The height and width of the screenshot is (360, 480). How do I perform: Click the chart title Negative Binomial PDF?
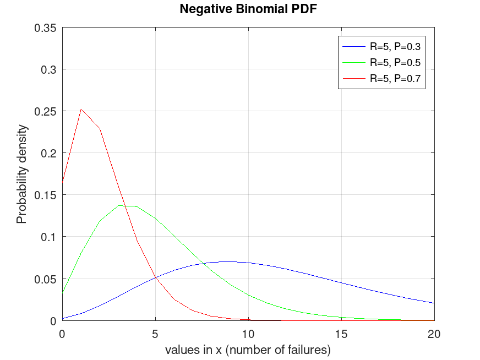248,9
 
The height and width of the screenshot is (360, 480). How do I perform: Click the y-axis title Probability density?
21,174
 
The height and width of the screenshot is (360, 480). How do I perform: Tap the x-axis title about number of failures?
248,350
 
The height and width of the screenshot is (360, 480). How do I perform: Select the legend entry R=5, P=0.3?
395,46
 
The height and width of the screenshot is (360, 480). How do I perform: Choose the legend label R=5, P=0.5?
395,62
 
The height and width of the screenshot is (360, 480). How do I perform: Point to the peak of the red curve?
81,109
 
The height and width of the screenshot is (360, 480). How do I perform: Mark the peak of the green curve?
118,205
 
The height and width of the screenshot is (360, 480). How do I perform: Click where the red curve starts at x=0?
62,180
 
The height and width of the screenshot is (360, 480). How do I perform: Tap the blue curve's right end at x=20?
434,303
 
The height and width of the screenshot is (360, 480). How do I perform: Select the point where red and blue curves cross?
155,277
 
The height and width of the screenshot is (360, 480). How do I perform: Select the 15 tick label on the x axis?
341,334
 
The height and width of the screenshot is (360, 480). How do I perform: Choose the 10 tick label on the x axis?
248,334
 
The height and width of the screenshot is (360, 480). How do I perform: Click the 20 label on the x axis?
434,334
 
